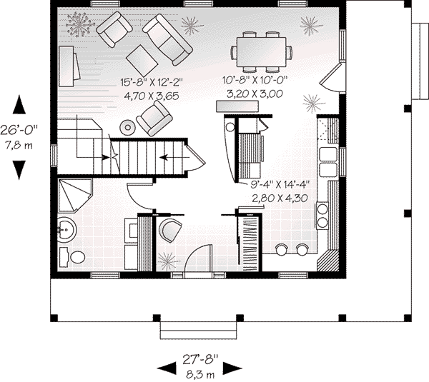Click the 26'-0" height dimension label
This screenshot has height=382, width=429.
[20, 131]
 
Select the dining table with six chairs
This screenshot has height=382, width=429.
[262, 51]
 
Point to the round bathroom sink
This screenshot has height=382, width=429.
[67, 231]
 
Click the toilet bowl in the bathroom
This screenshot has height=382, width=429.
[77, 257]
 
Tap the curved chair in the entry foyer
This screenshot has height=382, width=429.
[170, 230]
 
